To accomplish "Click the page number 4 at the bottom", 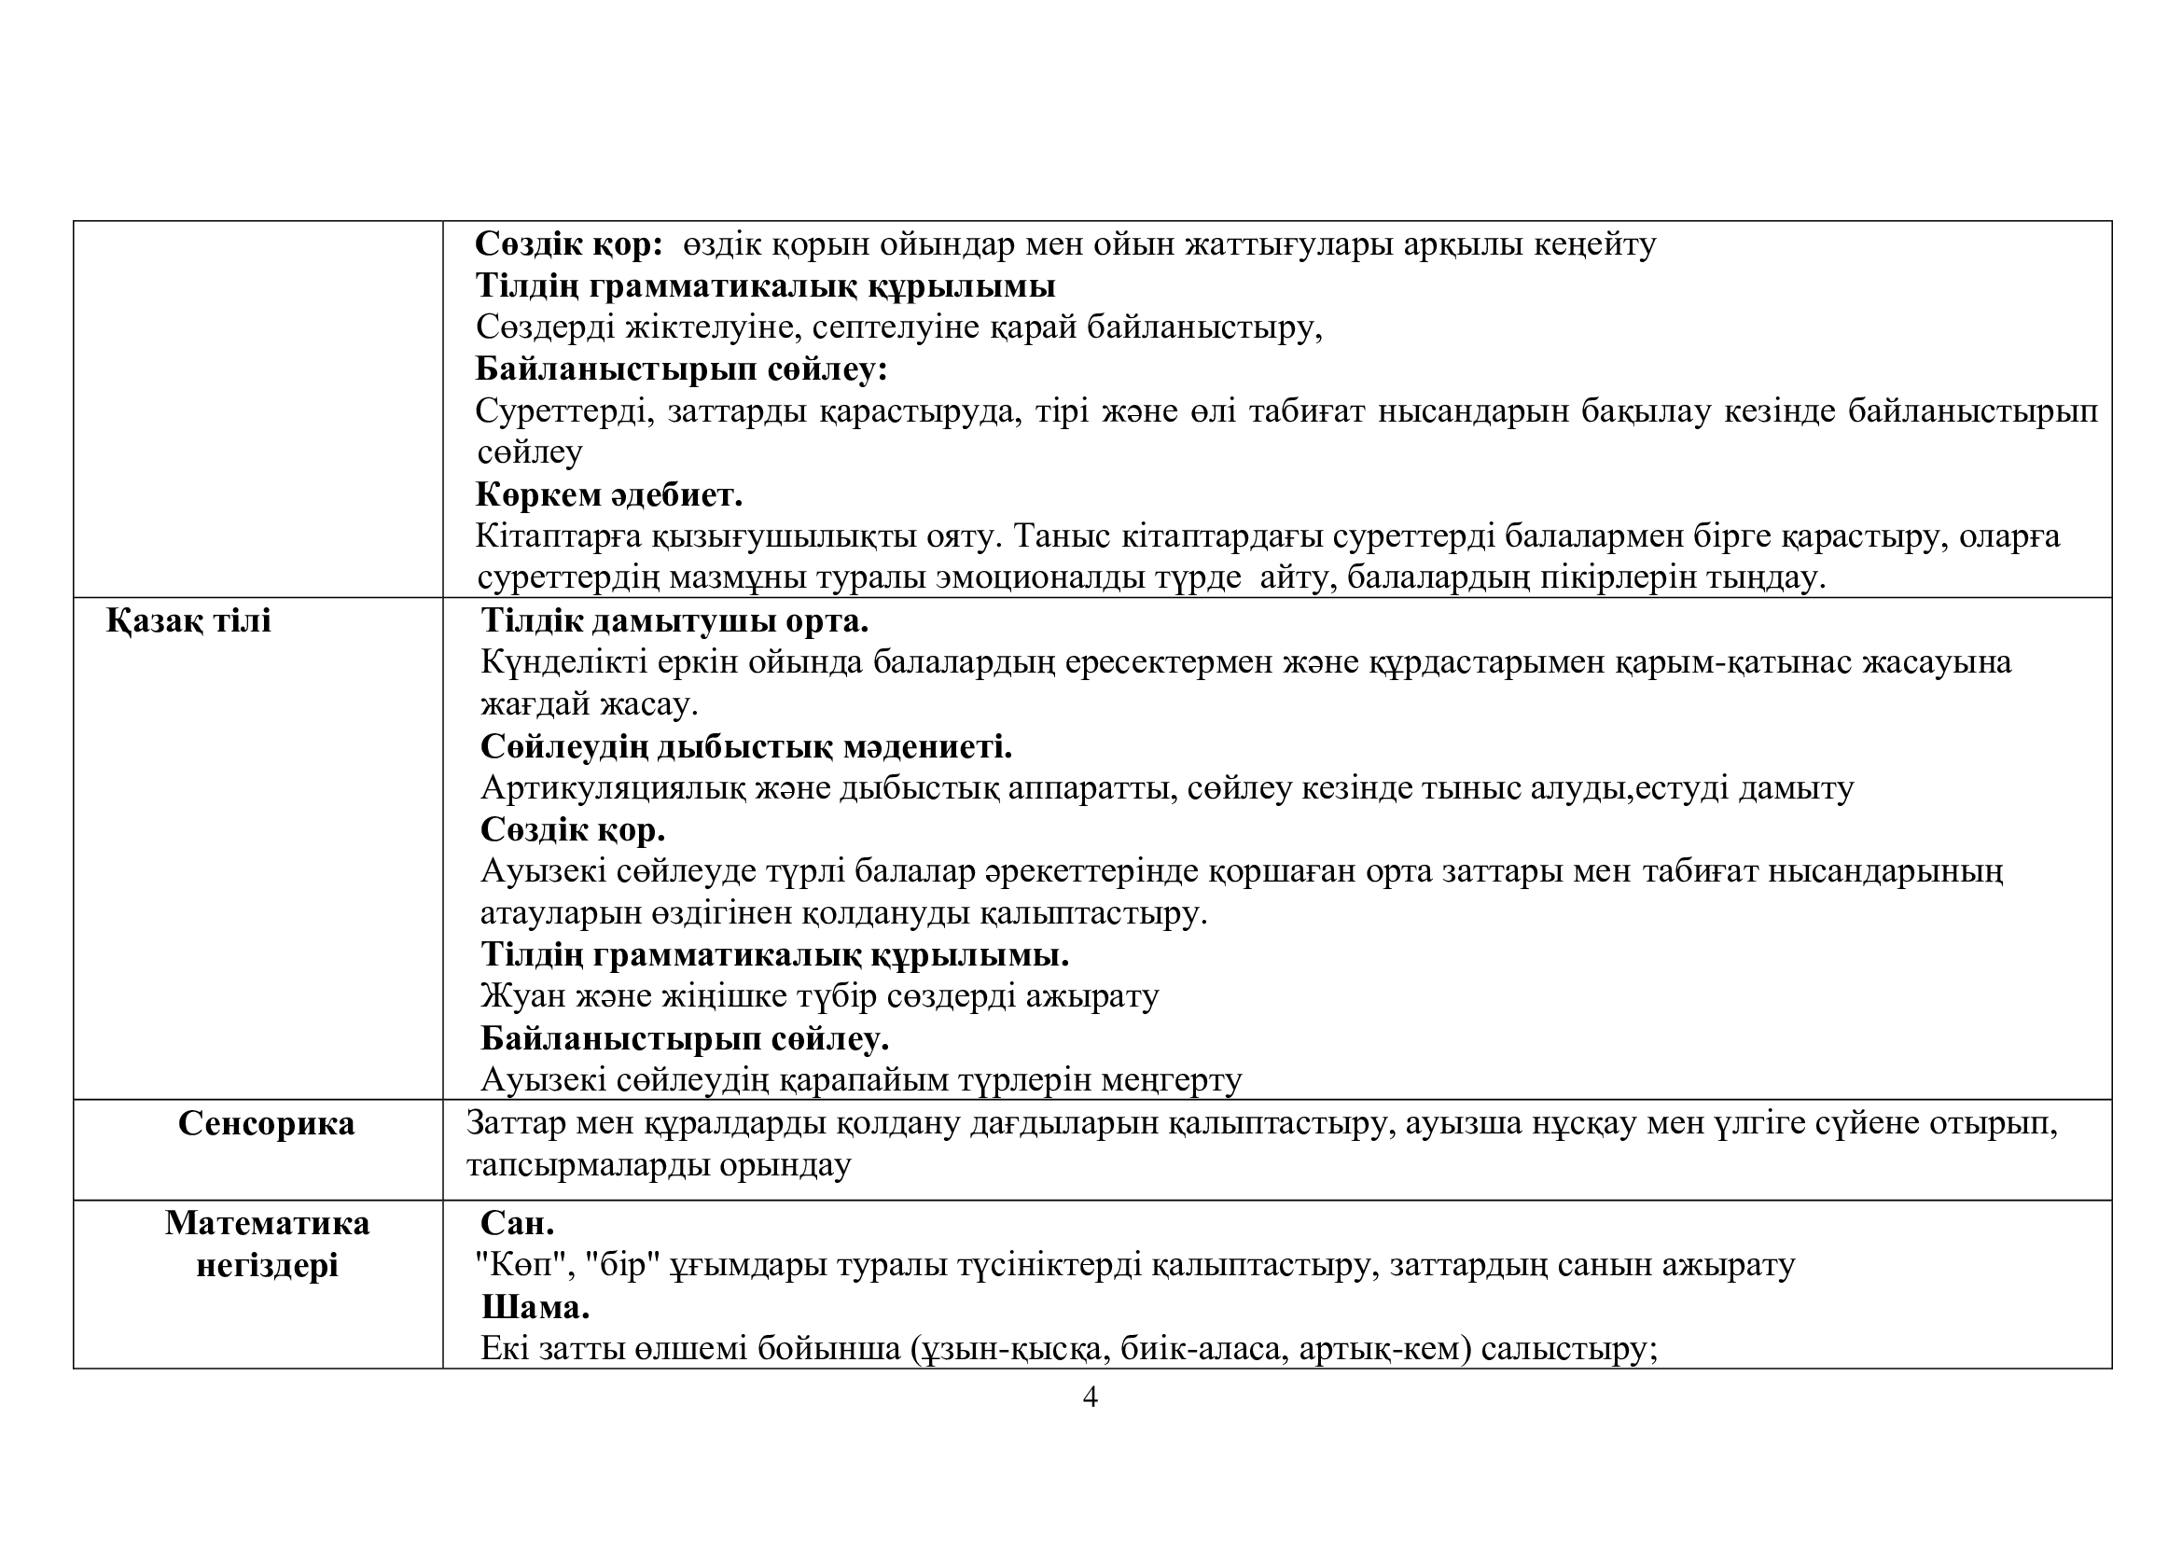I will tap(1090, 1397).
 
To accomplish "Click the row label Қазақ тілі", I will tap(188, 620).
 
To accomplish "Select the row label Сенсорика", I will tap(266, 1123).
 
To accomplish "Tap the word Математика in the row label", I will tap(267, 1223).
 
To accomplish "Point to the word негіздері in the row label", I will tap(267, 1266).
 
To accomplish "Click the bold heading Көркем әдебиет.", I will tap(608, 495).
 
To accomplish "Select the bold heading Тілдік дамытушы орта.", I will tap(674, 620).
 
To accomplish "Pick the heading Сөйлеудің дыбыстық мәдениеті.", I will tap(746, 747).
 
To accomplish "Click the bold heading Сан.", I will tap(517, 1223).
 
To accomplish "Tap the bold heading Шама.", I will tap(535, 1307).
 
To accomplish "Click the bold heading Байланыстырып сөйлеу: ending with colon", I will tap(680, 368).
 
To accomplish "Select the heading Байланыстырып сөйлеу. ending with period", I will tap(684, 1038).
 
